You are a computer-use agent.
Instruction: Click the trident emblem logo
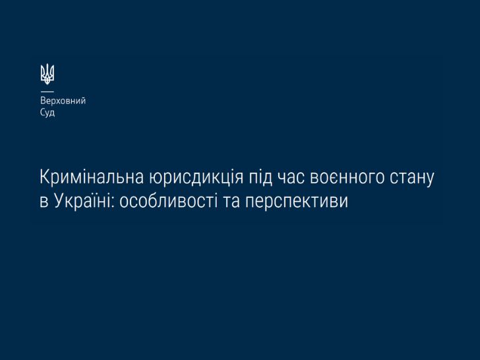47,74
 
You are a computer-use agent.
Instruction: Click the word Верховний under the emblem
63,101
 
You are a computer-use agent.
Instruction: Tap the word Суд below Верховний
47,113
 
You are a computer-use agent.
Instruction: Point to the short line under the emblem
47,91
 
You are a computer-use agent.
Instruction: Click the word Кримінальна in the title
92,177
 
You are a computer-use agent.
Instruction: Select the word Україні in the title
82,202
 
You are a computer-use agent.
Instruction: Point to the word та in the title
231,203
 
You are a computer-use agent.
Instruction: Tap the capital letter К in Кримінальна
45,177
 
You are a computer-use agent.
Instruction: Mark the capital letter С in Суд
43,112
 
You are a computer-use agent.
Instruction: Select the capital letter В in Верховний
43,101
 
